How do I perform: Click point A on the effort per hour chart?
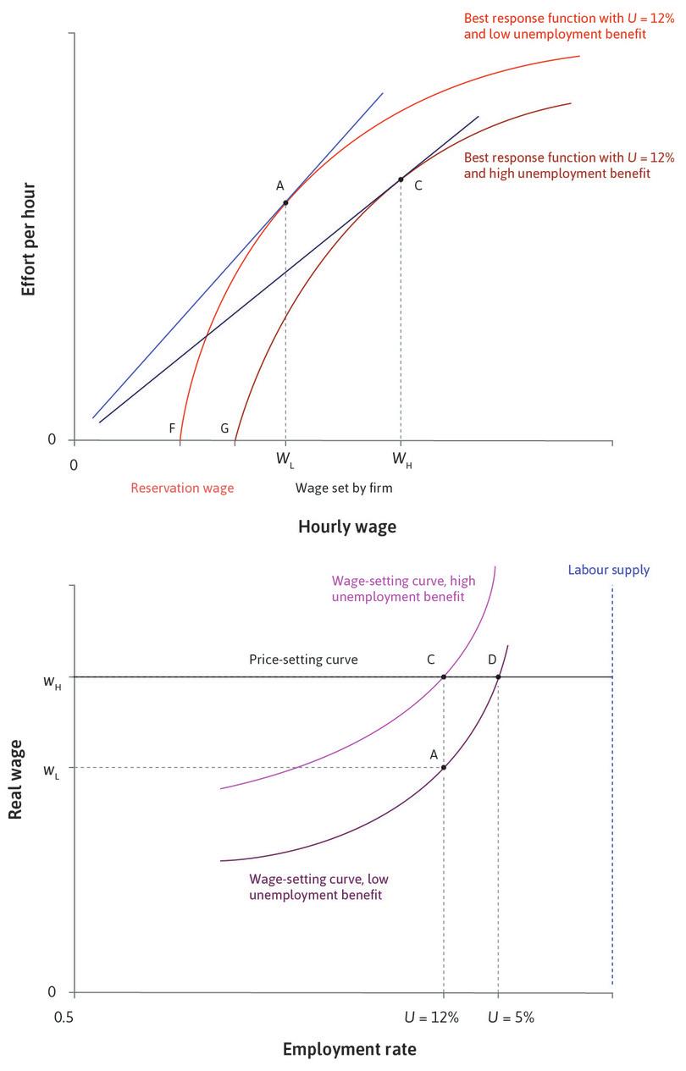285,202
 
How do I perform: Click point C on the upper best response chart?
401,179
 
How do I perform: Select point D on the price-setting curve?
498,676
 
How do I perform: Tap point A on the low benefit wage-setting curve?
443,767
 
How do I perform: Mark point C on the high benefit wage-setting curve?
443,676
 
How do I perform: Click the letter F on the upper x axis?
172,428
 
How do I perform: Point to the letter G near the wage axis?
224,428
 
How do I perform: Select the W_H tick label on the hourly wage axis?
401,460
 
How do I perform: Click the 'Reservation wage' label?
182,488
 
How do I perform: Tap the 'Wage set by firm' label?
344,488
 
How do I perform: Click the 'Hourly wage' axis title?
346,527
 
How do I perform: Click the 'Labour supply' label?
609,570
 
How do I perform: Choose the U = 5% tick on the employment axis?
511,1018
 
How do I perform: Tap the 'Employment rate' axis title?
349,1050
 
